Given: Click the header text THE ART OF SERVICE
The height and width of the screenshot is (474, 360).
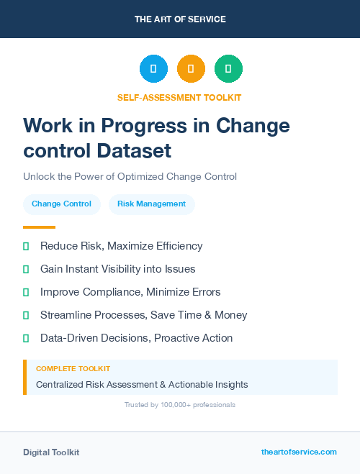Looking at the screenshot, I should tap(180, 19).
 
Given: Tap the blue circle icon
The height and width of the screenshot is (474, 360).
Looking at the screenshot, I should tap(153, 69).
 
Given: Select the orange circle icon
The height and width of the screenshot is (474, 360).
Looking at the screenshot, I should tap(191, 69).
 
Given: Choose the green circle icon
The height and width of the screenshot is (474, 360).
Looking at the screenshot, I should tap(228, 69).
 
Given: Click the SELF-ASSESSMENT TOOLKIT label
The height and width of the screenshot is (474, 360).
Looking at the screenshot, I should tap(179, 97).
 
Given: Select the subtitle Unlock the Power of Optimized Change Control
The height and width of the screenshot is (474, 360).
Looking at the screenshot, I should tap(130, 176).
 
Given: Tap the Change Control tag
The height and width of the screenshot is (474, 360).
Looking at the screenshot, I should tap(61, 204).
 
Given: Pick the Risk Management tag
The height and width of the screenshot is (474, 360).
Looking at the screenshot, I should tap(151, 204).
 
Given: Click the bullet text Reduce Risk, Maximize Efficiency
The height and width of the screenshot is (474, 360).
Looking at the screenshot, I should tap(121, 246).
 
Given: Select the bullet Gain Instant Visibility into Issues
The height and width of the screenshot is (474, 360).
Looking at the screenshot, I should tap(117, 269).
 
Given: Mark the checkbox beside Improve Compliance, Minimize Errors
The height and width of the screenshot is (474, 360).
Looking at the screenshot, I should tap(26, 292).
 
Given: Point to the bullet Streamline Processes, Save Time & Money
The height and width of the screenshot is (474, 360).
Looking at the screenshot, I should tap(143, 315).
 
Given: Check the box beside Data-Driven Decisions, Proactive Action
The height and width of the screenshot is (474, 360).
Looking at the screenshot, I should tap(26, 338).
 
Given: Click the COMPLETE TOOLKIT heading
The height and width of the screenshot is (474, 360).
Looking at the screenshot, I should tap(73, 368).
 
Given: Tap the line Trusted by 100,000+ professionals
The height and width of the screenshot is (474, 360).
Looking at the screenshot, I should tap(179, 405).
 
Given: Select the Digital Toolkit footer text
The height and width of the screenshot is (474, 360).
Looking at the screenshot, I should tap(51, 452).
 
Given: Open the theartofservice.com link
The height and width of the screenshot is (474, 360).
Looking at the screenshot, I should tap(299, 452).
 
